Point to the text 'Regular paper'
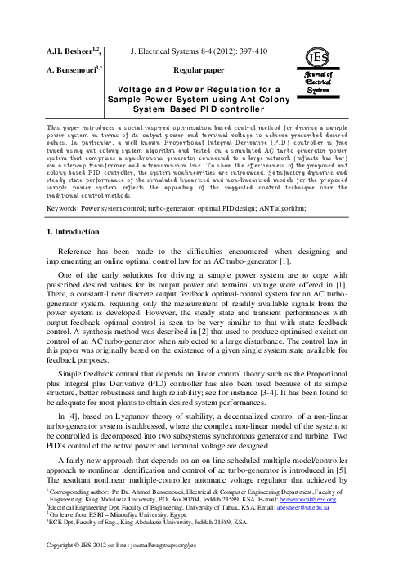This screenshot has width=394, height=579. [199, 69]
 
